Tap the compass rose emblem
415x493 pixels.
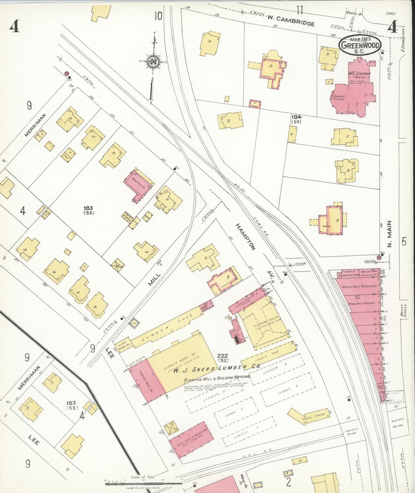[153, 61]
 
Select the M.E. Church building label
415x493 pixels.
[359, 74]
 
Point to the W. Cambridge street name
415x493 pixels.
[291, 21]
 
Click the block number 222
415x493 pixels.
[223, 356]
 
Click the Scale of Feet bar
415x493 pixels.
[143, 484]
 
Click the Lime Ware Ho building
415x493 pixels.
[124, 344]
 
